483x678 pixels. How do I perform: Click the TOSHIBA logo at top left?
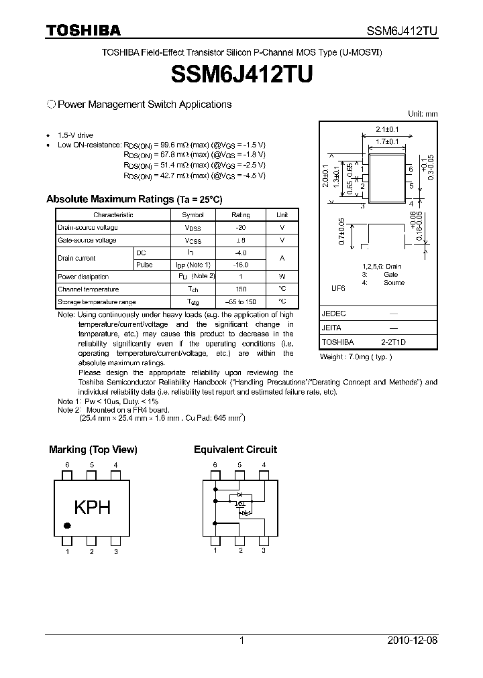(83, 30)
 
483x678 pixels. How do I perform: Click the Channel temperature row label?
(89, 289)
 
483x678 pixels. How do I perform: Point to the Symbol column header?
(193, 215)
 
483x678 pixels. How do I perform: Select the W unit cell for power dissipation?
(282, 277)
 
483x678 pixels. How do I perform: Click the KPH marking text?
(92, 508)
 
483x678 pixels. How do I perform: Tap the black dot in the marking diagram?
(67, 525)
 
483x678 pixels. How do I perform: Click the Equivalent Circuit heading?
(235, 450)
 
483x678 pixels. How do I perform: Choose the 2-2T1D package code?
(393, 342)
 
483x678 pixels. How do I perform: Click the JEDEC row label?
(333, 314)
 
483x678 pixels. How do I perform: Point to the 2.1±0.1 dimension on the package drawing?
(387, 129)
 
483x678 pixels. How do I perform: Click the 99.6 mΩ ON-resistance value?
(173, 145)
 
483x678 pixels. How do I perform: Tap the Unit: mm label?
(423, 114)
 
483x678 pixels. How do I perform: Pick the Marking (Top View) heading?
(93, 450)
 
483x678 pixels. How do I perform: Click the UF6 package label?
(337, 288)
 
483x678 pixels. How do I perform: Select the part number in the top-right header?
(402, 30)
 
